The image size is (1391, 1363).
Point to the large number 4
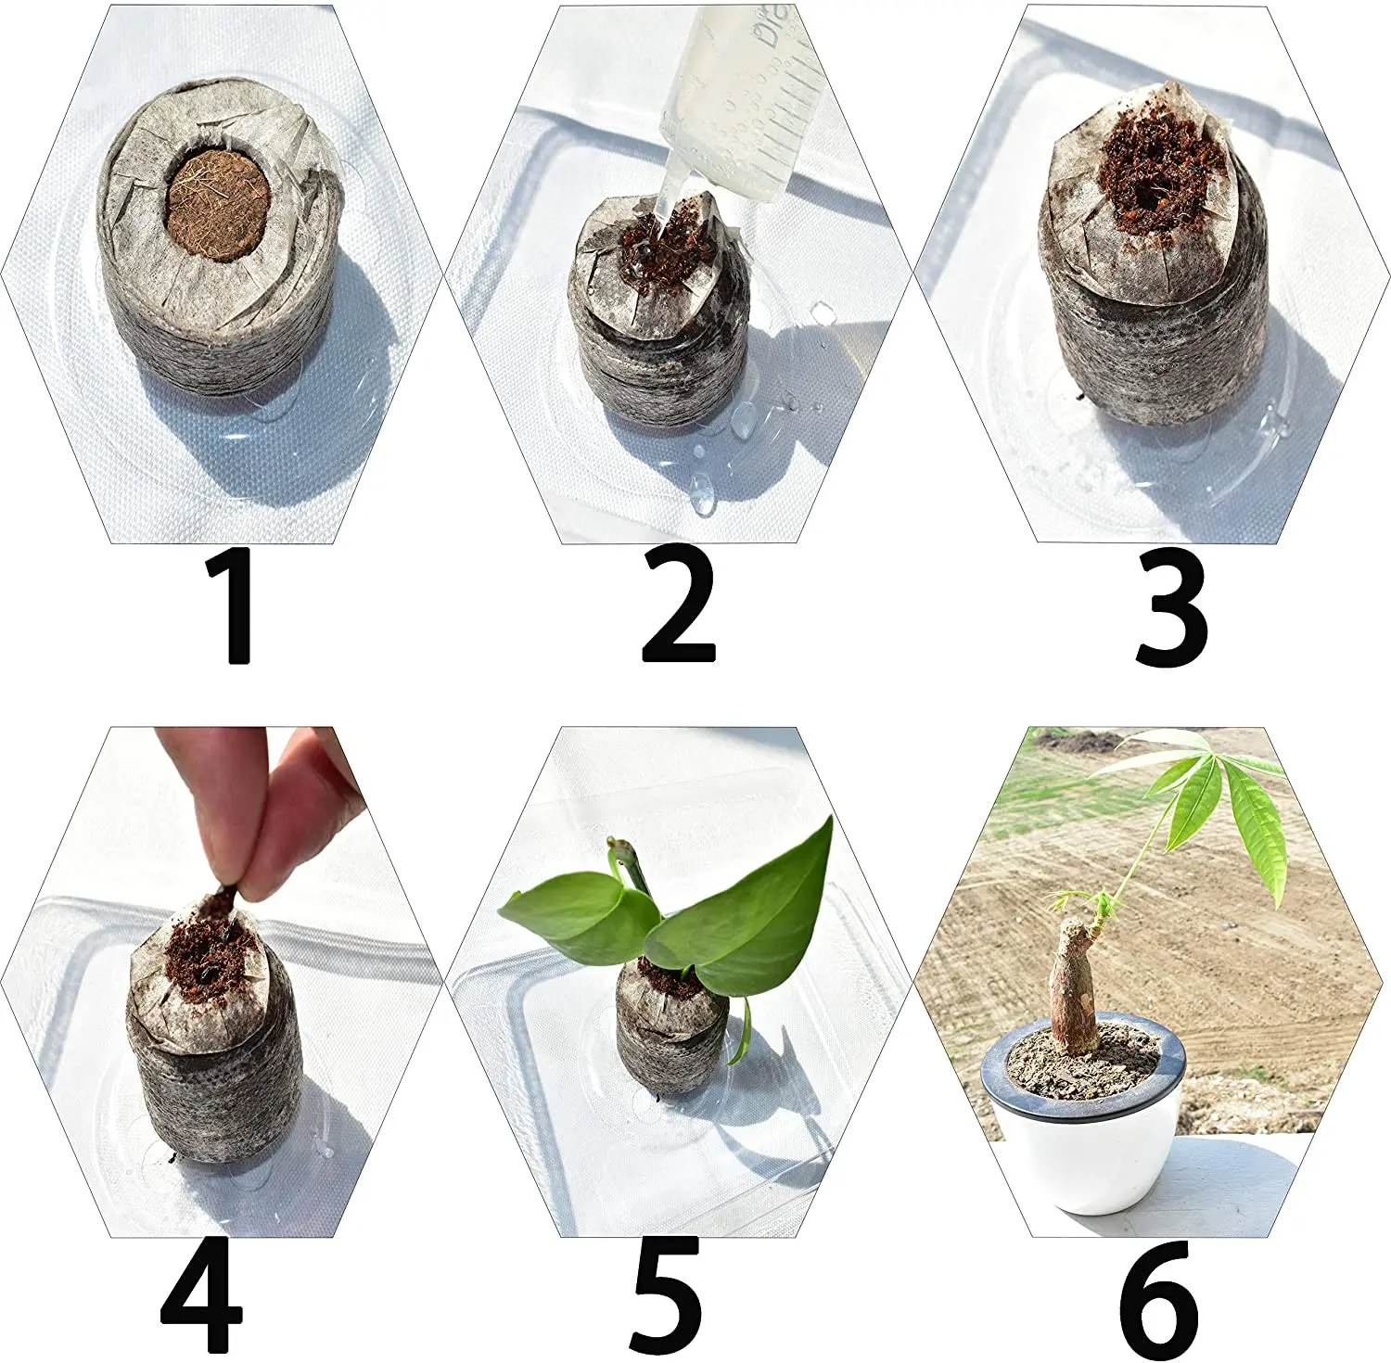point(201,1295)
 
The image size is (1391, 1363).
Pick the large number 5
point(666,1295)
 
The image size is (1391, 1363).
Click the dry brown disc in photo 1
point(219,204)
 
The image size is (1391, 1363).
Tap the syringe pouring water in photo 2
point(742,111)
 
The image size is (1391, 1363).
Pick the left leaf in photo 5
point(570,913)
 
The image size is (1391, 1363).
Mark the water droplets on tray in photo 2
point(742,427)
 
